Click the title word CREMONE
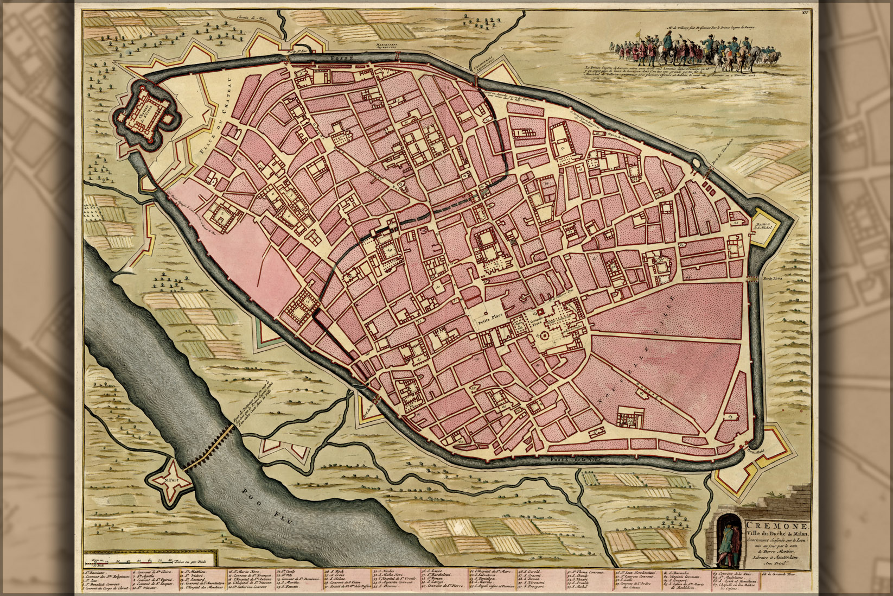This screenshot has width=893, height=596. (777, 527)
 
